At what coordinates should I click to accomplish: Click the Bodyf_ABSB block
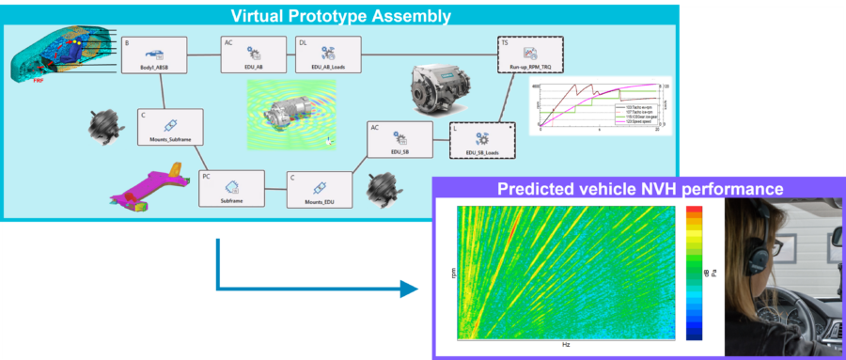155,56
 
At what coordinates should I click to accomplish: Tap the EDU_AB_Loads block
327,56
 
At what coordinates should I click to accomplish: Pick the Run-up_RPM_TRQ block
529,55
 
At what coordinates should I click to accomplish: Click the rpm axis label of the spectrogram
451,274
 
